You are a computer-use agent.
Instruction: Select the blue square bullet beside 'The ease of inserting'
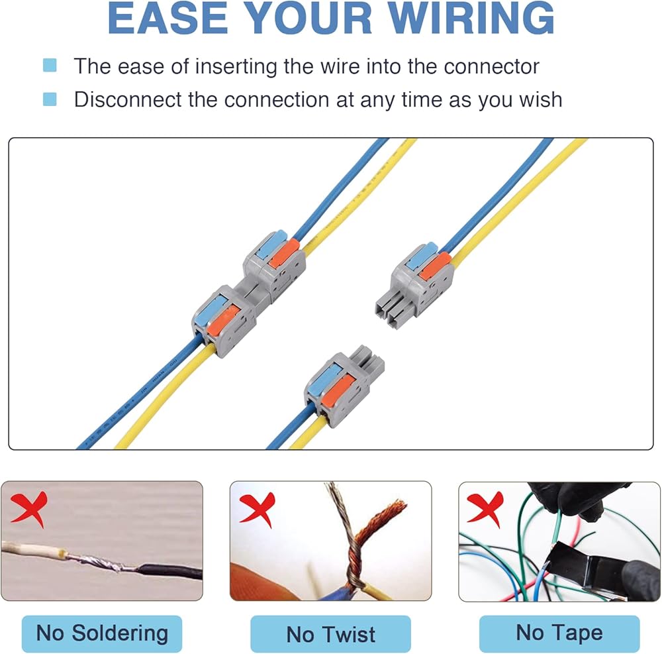pyautogui.click(x=50, y=66)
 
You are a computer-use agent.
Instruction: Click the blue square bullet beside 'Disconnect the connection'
pyautogui.click(x=50, y=99)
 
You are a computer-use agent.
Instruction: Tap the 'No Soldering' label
pyautogui.click(x=101, y=633)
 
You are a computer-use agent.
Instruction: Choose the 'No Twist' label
pyautogui.click(x=330, y=634)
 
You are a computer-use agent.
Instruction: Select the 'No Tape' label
pyautogui.click(x=559, y=633)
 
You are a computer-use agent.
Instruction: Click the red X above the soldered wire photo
pyautogui.click(x=30, y=508)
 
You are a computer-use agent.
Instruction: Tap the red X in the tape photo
pyautogui.click(x=485, y=508)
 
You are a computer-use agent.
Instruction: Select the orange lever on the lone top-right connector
pyautogui.click(x=434, y=265)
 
